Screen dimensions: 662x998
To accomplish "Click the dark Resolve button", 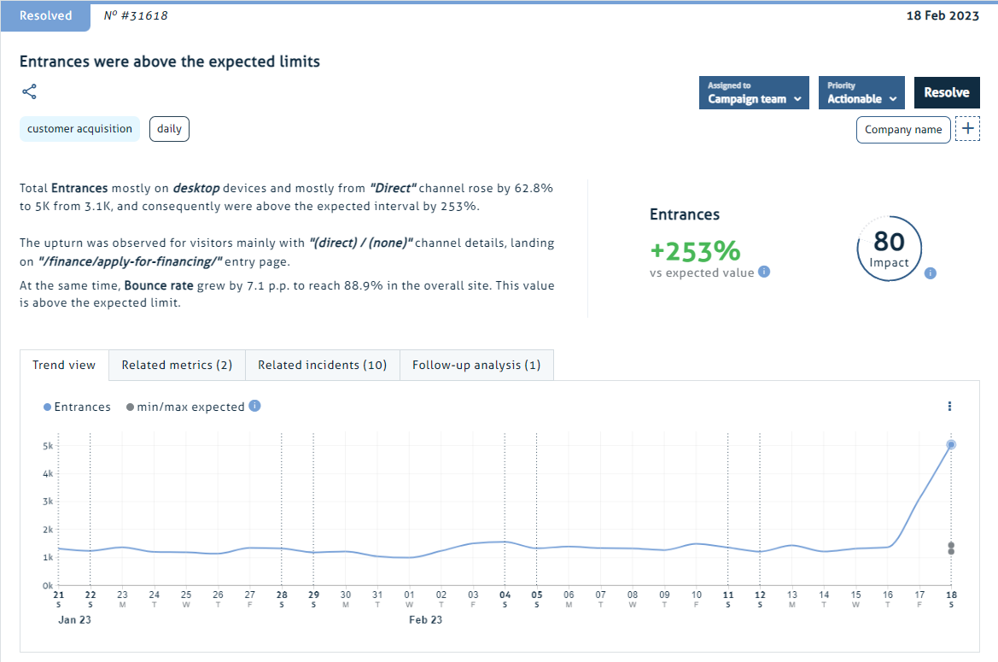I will (947, 92).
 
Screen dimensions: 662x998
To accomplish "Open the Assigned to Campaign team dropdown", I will (754, 92).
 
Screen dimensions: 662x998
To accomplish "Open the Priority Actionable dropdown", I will (861, 92).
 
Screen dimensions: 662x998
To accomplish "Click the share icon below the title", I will (29, 92).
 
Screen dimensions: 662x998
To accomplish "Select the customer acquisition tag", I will (79, 129).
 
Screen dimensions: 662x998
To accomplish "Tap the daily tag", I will (169, 129).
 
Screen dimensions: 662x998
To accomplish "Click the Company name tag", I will (902, 130).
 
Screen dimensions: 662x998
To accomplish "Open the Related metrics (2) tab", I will (177, 365).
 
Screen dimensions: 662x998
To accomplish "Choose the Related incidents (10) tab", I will (323, 365).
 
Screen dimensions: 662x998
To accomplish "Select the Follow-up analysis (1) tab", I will (476, 365).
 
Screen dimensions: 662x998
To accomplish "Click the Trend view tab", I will (64, 365).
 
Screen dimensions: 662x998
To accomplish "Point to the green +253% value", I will (694, 251).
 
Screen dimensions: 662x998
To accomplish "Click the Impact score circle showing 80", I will (889, 248).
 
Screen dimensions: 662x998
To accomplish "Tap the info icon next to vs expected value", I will (764, 272).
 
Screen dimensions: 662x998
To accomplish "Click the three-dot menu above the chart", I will (949, 407).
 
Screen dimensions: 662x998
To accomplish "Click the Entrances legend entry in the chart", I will (77, 407).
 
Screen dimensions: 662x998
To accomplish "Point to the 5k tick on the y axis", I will (48, 446).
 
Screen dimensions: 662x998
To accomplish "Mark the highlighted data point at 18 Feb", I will (950, 444).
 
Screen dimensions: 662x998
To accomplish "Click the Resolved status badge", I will (45, 15).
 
